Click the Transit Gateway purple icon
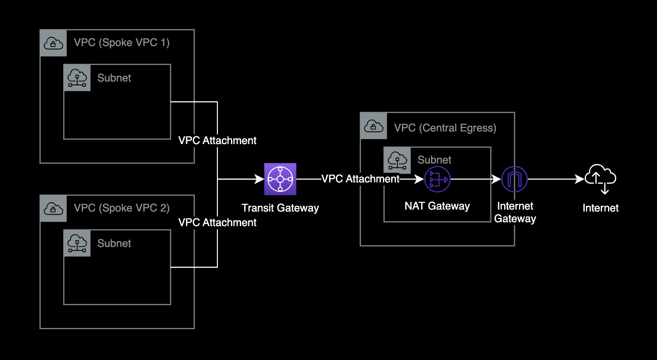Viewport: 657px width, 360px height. [x=280, y=179]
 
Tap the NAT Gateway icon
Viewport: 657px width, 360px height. [x=437, y=180]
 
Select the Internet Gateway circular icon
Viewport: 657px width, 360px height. [x=514, y=179]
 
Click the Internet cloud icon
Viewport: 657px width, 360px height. [x=600, y=179]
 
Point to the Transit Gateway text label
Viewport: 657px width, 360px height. [x=280, y=208]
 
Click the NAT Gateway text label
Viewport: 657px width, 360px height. [x=437, y=206]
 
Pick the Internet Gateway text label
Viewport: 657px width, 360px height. [x=515, y=213]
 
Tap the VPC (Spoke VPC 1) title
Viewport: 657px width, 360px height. [x=122, y=43]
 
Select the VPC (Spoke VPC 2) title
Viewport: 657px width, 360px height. [x=122, y=208]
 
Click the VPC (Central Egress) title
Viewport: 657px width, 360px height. [x=445, y=128]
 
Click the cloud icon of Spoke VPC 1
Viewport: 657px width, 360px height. [x=53, y=43]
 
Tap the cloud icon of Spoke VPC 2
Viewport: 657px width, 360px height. [x=53, y=209]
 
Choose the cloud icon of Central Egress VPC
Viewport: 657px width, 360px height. [x=373, y=126]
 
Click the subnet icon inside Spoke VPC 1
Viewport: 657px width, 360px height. [x=77, y=78]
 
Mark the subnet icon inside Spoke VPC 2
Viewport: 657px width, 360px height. [x=77, y=243]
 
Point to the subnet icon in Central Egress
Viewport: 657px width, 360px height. [x=397, y=160]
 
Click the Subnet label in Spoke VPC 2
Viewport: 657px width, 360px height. [x=115, y=244]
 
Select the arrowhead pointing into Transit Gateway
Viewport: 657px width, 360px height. [x=260, y=180]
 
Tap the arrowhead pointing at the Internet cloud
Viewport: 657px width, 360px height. [x=580, y=180]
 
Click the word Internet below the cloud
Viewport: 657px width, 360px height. [x=601, y=208]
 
